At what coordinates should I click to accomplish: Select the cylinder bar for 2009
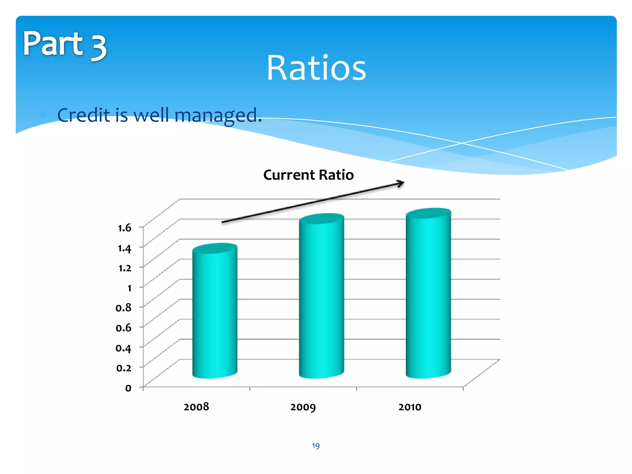[322, 296]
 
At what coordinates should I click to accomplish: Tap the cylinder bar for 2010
[428, 293]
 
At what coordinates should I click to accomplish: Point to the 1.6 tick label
[125, 228]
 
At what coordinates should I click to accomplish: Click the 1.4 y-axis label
[125, 248]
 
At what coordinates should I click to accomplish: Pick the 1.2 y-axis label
[125, 268]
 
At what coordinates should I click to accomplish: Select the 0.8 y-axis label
[123, 308]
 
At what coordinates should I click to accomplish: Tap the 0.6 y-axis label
[123, 328]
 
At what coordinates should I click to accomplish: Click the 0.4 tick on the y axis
[123, 348]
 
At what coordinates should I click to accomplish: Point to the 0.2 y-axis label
[123, 368]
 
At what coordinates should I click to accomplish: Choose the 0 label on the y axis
[128, 388]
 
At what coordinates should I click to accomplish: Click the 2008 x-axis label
[196, 407]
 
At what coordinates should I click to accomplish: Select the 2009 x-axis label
[303, 407]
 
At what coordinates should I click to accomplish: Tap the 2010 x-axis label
[410, 407]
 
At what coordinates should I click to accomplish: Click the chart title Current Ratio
[308, 175]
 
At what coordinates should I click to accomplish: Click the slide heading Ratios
[316, 68]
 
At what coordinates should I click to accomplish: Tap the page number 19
[316, 446]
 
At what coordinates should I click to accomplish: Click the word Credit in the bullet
[84, 115]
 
